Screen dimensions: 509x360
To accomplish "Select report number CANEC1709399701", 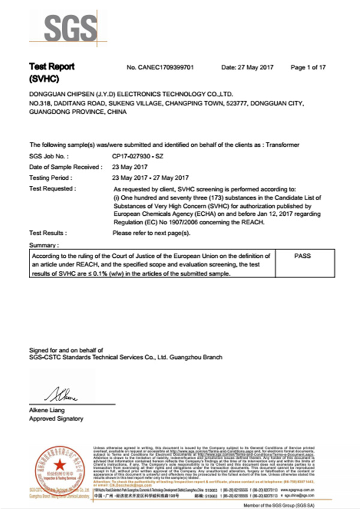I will [x=160, y=67].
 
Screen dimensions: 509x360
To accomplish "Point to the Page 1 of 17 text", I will [x=308, y=67].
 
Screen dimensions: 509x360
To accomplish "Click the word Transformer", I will [x=281, y=145].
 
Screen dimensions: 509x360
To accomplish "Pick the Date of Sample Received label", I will [x=65, y=167].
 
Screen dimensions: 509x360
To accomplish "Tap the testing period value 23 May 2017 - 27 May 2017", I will [x=151, y=177].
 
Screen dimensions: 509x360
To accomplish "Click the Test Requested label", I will [x=52, y=188].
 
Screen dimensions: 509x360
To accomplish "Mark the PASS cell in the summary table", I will [x=303, y=256].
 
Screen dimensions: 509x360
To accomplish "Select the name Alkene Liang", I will [x=48, y=410].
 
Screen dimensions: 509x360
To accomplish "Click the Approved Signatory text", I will [x=56, y=418].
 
